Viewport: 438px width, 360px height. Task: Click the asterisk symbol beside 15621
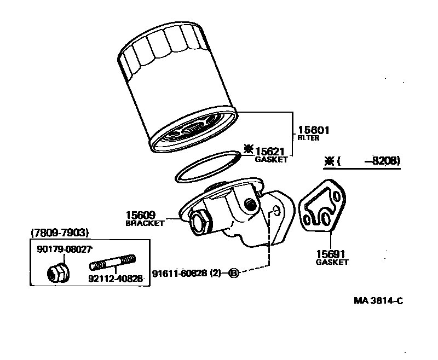coord(249,149)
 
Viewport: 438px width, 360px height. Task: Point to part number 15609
coord(141,215)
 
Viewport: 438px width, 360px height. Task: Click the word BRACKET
coord(145,223)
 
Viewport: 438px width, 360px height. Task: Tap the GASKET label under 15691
coord(332,262)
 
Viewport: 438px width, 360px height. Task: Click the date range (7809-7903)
coord(60,233)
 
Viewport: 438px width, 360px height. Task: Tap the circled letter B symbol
coord(233,273)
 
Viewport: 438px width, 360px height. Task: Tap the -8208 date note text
coord(385,161)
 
